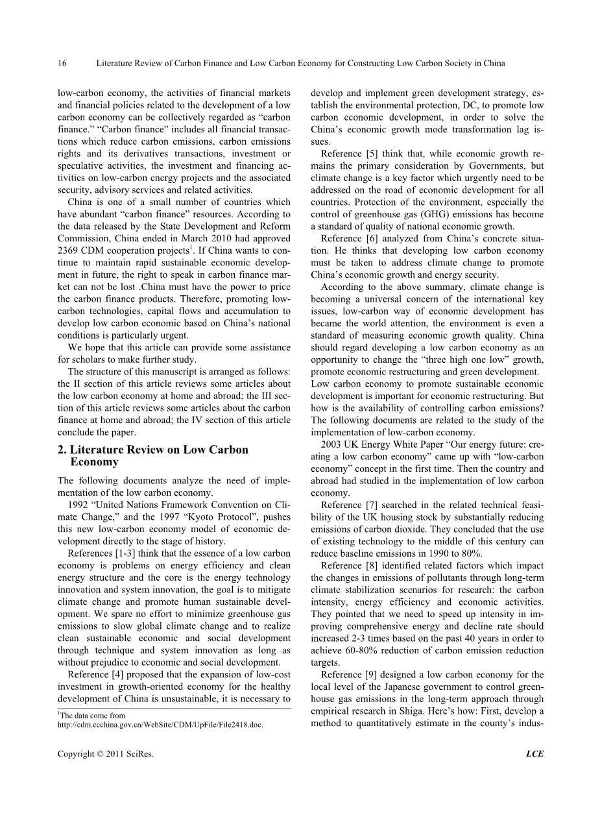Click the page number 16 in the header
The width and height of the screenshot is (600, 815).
coord(62,63)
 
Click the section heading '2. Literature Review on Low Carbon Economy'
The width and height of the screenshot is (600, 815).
coord(152,456)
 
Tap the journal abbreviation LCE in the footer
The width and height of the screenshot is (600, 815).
coord(534,753)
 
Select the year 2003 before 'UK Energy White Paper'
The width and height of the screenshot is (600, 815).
coord(332,444)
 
